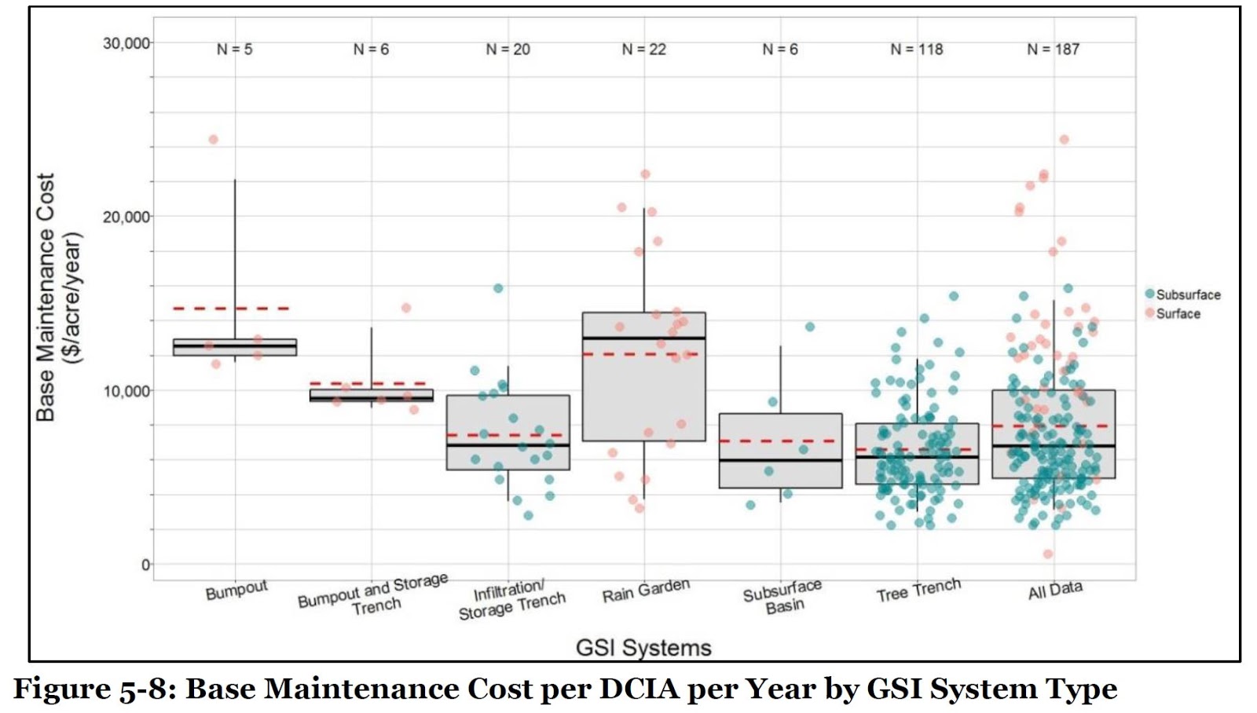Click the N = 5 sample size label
(234, 49)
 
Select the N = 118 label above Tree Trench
(916, 49)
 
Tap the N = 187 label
(1053, 49)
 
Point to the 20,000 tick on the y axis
(126, 217)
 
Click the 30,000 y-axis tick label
(126, 43)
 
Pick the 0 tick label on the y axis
(145, 565)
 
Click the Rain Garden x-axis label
(646, 591)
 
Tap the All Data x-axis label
(1055, 591)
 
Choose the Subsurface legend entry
(1187, 295)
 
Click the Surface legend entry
(1178, 314)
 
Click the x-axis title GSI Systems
(643, 648)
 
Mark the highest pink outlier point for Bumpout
(213, 140)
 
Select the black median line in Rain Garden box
(643, 338)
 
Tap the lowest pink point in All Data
(1048, 554)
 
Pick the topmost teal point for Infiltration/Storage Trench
(498, 288)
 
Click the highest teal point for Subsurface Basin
(810, 327)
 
